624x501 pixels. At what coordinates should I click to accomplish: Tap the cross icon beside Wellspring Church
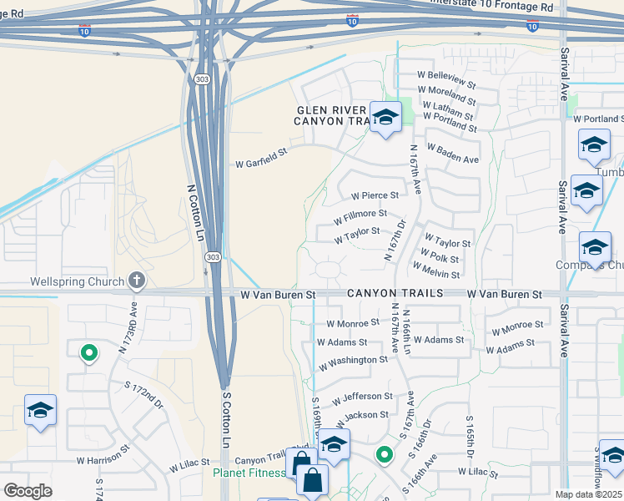[138, 281]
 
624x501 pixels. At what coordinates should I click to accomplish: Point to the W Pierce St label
[375, 195]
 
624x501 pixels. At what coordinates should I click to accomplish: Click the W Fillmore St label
[360, 218]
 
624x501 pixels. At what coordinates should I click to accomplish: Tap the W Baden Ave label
[453, 154]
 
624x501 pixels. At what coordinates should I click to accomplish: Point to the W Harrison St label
[103, 458]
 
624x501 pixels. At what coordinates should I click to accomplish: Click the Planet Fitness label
[249, 473]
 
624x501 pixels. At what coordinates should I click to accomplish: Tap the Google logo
[28, 490]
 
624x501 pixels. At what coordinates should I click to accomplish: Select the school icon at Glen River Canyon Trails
[385, 118]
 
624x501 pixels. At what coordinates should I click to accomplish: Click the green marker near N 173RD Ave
[88, 354]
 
